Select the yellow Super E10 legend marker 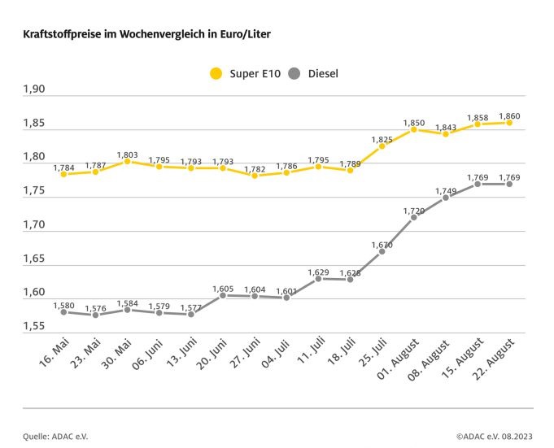216,74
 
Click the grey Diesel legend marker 294,74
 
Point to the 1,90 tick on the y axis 35,89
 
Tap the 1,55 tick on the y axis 35,325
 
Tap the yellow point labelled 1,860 509,123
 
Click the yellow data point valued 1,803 127,161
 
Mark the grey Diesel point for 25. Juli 382,251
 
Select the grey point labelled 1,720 413,217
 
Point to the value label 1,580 63,305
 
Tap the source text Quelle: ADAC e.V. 54,436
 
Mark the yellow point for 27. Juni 255,176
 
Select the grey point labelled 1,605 223,295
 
